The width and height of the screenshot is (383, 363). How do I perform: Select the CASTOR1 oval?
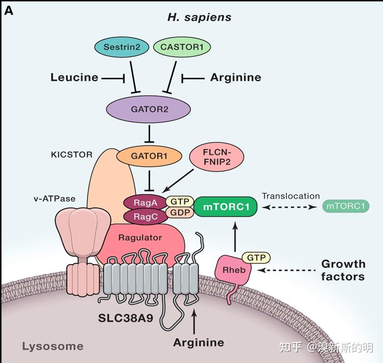point(182,47)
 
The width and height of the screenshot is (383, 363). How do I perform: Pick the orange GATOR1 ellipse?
point(149,156)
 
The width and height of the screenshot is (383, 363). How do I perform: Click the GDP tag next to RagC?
point(179,213)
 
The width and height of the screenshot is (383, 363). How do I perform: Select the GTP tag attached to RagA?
point(179,202)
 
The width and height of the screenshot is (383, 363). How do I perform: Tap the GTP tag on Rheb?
point(256,257)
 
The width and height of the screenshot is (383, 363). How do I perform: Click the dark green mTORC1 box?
point(224,207)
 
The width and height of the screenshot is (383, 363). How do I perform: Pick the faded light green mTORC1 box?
point(346,206)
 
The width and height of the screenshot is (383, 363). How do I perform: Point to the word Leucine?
point(74,78)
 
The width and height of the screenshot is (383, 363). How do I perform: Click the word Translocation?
point(290,196)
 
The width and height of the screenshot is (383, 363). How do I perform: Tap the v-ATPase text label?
point(54,199)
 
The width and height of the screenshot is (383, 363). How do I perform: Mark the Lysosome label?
point(53,346)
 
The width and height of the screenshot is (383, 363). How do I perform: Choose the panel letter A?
point(9,11)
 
